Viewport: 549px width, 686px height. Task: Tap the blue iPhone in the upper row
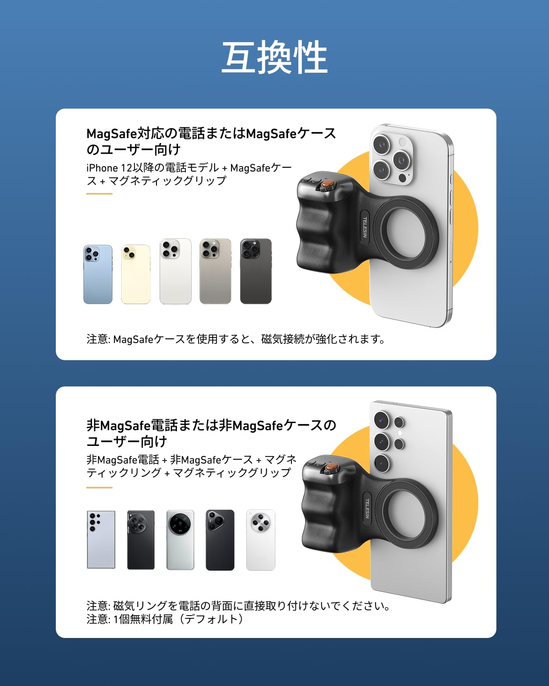tap(98, 274)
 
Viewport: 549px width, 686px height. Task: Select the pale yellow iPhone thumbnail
tap(135, 274)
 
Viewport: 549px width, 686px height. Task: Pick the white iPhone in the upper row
tap(175, 271)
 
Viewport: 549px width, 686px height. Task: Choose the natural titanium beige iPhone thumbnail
tap(215, 271)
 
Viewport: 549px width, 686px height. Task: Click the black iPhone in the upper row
tap(256, 271)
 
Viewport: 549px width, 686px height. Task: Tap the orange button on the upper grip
tap(327, 184)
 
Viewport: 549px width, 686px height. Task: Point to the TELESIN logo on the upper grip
tap(365, 227)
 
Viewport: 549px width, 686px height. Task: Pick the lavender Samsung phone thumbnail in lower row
tap(101, 540)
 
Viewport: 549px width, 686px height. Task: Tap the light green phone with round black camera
tap(180, 540)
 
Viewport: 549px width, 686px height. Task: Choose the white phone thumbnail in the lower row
tap(261, 540)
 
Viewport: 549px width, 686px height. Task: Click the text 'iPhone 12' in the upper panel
tap(108, 168)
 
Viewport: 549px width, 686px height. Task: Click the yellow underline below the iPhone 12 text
tap(99, 193)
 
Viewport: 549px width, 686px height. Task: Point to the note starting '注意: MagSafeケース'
tap(236, 339)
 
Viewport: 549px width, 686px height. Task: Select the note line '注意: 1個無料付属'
tap(165, 619)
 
